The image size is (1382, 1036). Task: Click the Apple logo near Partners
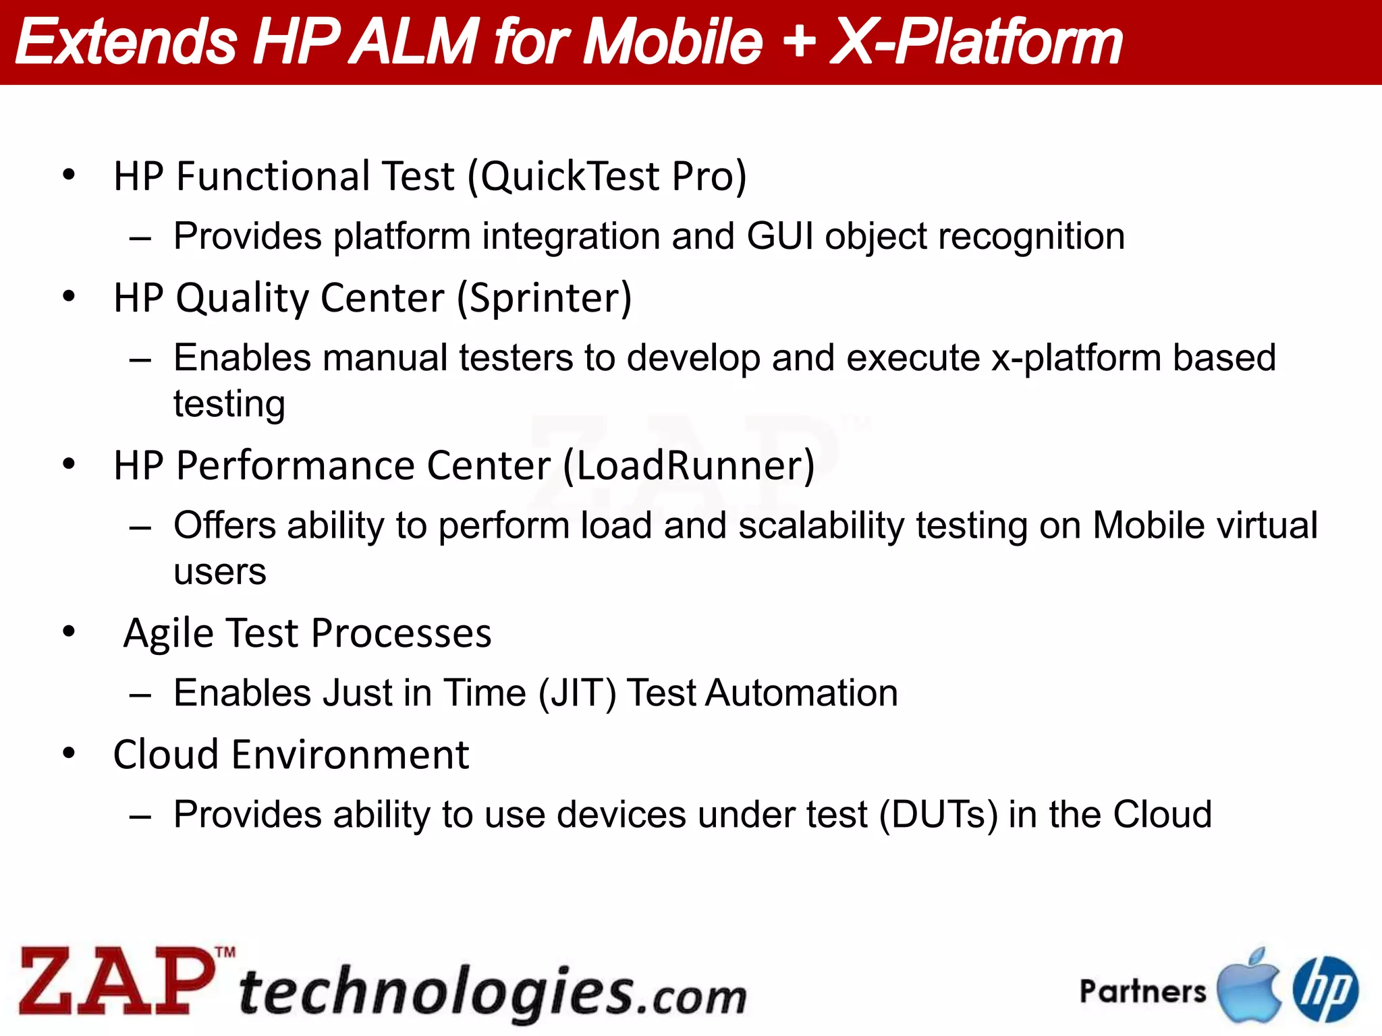pos(1248,986)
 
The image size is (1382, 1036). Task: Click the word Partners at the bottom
pos(1142,991)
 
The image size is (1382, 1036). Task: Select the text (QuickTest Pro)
pos(607,177)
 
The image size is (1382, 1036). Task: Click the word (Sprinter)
pos(544,298)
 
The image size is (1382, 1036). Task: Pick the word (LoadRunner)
pos(688,465)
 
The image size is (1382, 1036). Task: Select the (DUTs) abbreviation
pos(939,815)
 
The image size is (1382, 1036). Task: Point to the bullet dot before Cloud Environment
pos(69,753)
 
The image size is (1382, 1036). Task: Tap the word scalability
pos(821,526)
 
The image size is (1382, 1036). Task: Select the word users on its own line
pos(219,573)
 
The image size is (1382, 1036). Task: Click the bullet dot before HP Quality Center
pos(69,296)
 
